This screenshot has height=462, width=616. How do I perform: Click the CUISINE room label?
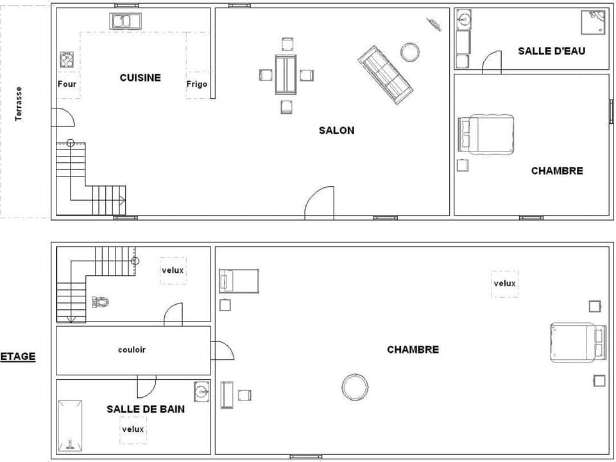pyautogui.click(x=140, y=78)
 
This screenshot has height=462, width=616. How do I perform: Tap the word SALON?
pyautogui.click(x=336, y=130)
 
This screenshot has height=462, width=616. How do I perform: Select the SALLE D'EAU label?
pyautogui.click(x=551, y=51)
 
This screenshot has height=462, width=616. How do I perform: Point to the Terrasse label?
pyautogui.click(x=19, y=104)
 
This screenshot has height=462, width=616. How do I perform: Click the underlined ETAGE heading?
pyautogui.click(x=18, y=356)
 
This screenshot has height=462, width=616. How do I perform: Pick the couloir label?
pyautogui.click(x=132, y=350)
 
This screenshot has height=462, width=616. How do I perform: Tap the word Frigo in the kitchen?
pyautogui.click(x=197, y=84)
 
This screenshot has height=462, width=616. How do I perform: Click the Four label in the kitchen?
pyautogui.click(x=67, y=84)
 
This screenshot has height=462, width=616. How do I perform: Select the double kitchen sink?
pyautogui.click(x=126, y=21)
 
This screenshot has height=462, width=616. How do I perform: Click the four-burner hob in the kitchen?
pyautogui.click(x=67, y=60)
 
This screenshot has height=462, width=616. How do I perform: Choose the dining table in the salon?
pyautogui.click(x=286, y=74)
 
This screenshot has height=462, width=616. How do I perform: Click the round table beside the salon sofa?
pyautogui.click(x=410, y=51)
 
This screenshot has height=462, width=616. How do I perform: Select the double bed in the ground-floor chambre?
pyautogui.click(x=487, y=133)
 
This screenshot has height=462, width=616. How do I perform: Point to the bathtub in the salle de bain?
pyautogui.click(x=70, y=426)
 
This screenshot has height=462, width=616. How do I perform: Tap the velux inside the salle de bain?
pyautogui.click(x=133, y=429)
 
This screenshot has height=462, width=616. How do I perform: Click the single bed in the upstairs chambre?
pyautogui.click(x=239, y=281)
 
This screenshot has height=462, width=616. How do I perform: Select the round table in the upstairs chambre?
pyautogui.click(x=355, y=386)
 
